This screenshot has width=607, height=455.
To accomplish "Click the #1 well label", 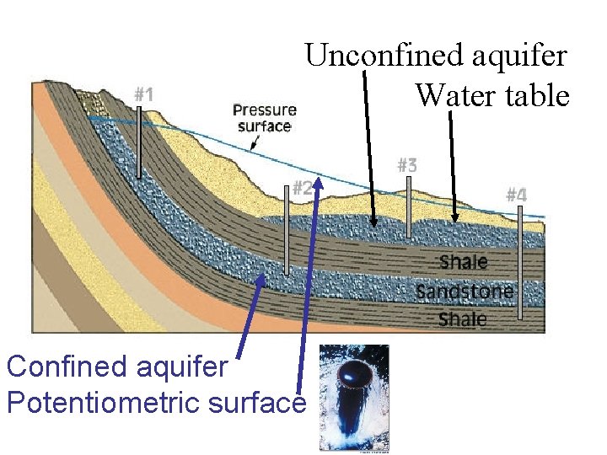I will pyautogui.click(x=143, y=94).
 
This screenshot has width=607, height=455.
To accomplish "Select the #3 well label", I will pyautogui.click(x=406, y=165).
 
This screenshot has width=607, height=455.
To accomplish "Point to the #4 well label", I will pyautogui.click(x=516, y=195).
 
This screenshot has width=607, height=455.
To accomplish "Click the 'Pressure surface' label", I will pyautogui.click(x=264, y=118).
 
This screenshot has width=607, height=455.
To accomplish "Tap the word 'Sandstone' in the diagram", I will pyautogui.click(x=465, y=292).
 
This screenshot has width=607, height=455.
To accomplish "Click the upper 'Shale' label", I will pyautogui.click(x=464, y=262).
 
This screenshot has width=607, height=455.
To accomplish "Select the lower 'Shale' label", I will pyautogui.click(x=463, y=319).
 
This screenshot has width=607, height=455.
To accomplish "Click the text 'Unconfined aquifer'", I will pyautogui.click(x=436, y=56).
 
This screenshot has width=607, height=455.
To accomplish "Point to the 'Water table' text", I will pyautogui.click(x=492, y=95).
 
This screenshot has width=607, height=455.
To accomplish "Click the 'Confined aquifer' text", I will pyautogui.click(x=117, y=367).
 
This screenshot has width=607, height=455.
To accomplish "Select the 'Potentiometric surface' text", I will pyautogui.click(x=155, y=403).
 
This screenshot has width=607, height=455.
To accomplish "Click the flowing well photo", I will pyautogui.click(x=353, y=398).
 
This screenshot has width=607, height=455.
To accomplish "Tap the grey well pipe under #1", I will pyautogui.click(x=140, y=143).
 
